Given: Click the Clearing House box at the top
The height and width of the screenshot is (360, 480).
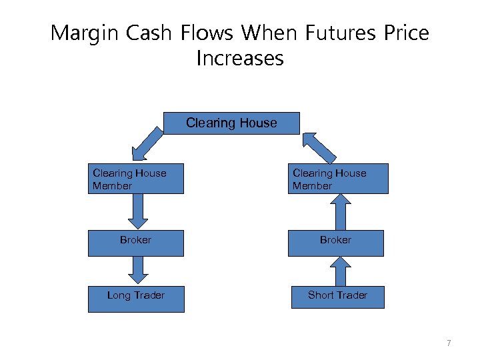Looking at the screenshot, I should click(x=231, y=123).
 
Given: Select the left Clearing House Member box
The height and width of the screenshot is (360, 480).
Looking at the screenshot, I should click(x=136, y=179).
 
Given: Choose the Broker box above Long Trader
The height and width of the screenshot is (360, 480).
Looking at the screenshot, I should click(x=136, y=243).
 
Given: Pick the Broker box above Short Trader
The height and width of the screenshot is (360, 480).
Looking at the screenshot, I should click(x=336, y=243).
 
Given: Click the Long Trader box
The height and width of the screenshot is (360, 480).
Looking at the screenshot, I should click(x=136, y=298).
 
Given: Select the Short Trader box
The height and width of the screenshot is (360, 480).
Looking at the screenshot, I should click(x=337, y=295).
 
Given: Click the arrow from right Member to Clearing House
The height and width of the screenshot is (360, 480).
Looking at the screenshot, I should click(x=320, y=147).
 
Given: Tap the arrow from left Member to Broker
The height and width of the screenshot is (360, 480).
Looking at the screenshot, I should click(x=138, y=211).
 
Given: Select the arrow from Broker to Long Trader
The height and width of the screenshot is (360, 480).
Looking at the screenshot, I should click(x=137, y=270).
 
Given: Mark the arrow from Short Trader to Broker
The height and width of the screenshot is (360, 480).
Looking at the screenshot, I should click(x=339, y=271).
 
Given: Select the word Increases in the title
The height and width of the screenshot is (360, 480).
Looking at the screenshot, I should click(x=240, y=59).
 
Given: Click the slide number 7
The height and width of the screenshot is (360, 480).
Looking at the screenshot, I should click(x=449, y=343).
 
